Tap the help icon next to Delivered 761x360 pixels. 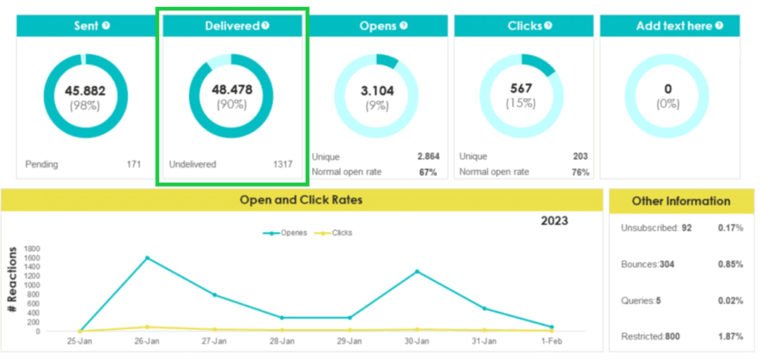point(265,26)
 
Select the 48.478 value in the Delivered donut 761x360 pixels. point(231,90)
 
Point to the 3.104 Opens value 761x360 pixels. point(377,91)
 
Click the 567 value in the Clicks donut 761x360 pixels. point(521,88)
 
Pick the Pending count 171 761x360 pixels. point(133,164)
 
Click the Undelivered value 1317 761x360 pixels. point(282,164)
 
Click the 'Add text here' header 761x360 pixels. point(673,26)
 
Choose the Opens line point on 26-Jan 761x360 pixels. point(147,258)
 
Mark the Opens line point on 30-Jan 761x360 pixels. point(417,271)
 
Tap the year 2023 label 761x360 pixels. point(554,221)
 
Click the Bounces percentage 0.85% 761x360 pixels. point(730,264)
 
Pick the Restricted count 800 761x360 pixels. point(672,337)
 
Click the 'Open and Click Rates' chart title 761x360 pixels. point(301,200)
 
